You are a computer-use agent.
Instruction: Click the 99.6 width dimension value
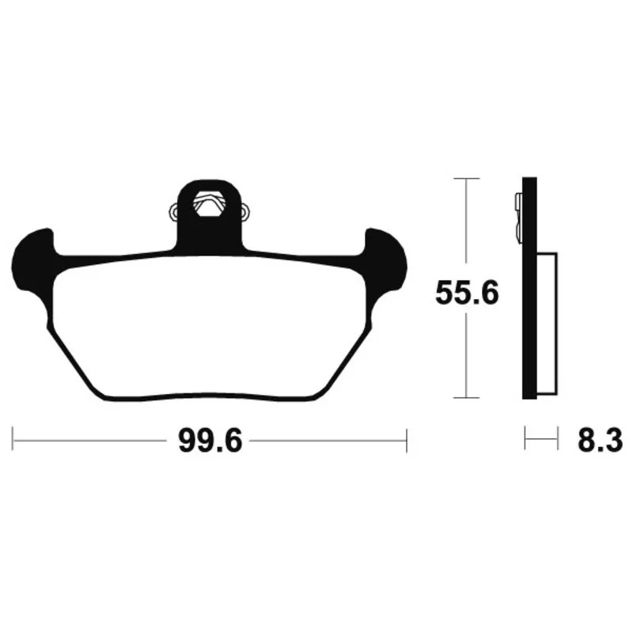(x=210, y=441)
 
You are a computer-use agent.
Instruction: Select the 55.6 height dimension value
(x=467, y=293)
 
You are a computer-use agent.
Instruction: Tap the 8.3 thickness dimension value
(x=600, y=441)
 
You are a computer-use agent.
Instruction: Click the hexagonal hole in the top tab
(x=210, y=204)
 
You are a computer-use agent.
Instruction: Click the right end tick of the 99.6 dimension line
(x=407, y=441)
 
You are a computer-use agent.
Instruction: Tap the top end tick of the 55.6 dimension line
(x=467, y=178)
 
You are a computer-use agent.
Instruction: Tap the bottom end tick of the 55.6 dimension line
(x=467, y=398)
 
